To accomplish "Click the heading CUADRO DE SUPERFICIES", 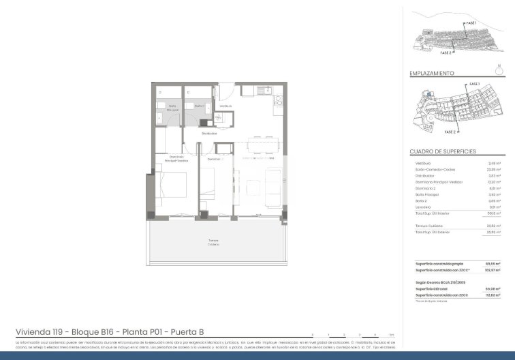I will pyautogui.click(x=442, y=151).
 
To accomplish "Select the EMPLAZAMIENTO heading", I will pyautogui.click(x=431, y=72).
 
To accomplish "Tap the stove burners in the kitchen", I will pyautogui.click(x=278, y=102).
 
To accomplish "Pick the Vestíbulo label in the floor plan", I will pyautogui.click(x=225, y=106).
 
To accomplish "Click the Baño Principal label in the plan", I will pyautogui.click(x=173, y=108).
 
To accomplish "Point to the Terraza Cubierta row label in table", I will pyautogui.click(x=426, y=226).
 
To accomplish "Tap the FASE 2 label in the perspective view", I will pyautogui.click(x=446, y=52).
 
